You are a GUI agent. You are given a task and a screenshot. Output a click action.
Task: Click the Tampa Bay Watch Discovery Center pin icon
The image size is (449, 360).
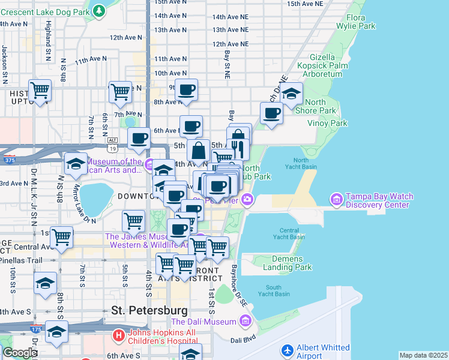[x=336, y=199]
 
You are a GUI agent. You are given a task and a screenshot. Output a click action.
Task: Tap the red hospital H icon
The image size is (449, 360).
[x=119, y=335]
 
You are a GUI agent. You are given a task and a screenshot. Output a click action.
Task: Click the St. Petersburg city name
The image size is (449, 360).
[x=149, y=310]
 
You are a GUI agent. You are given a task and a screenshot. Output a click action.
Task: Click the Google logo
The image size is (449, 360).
[x=20, y=353]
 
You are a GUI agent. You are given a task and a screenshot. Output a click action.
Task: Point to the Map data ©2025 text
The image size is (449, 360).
[x=423, y=355]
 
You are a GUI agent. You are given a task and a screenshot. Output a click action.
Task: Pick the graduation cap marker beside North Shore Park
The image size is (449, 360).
[x=292, y=94]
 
